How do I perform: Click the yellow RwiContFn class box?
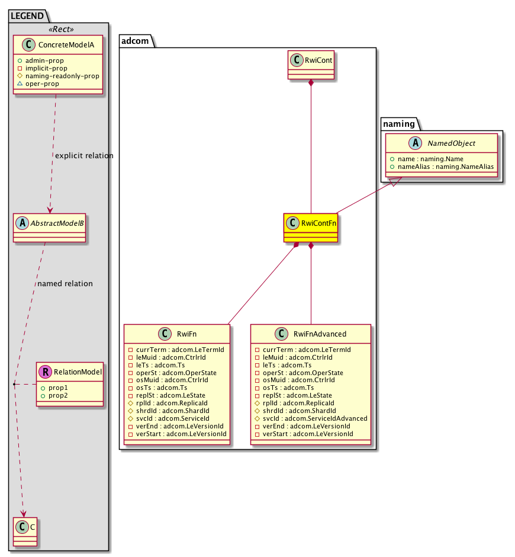tap(311, 228)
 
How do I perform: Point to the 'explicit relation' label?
tap(83, 156)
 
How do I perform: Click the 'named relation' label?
tap(65, 284)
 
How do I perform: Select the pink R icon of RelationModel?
tap(44, 372)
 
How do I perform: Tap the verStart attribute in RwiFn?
tap(181, 434)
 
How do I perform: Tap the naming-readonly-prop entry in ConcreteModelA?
tap(62, 76)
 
